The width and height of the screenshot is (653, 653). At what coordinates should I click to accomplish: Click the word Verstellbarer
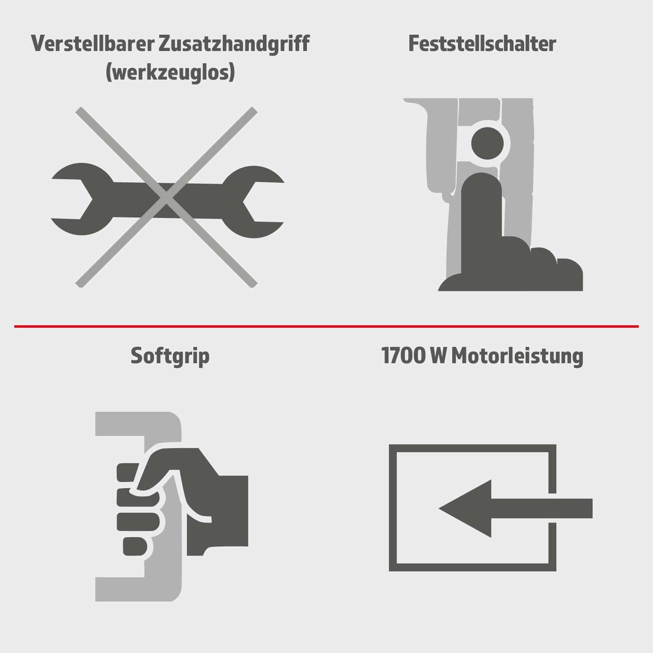93,44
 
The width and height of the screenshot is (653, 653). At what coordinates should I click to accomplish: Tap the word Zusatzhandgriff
234,44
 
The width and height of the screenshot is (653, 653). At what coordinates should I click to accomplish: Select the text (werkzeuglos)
170,72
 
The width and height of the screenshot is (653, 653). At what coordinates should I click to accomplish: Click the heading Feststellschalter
482,44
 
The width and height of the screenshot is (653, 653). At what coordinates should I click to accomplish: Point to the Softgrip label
170,356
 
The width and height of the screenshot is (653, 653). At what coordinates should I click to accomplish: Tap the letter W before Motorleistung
439,356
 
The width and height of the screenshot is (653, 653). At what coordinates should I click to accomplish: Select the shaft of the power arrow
544,508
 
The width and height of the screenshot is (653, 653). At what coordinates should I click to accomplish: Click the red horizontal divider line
326,326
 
